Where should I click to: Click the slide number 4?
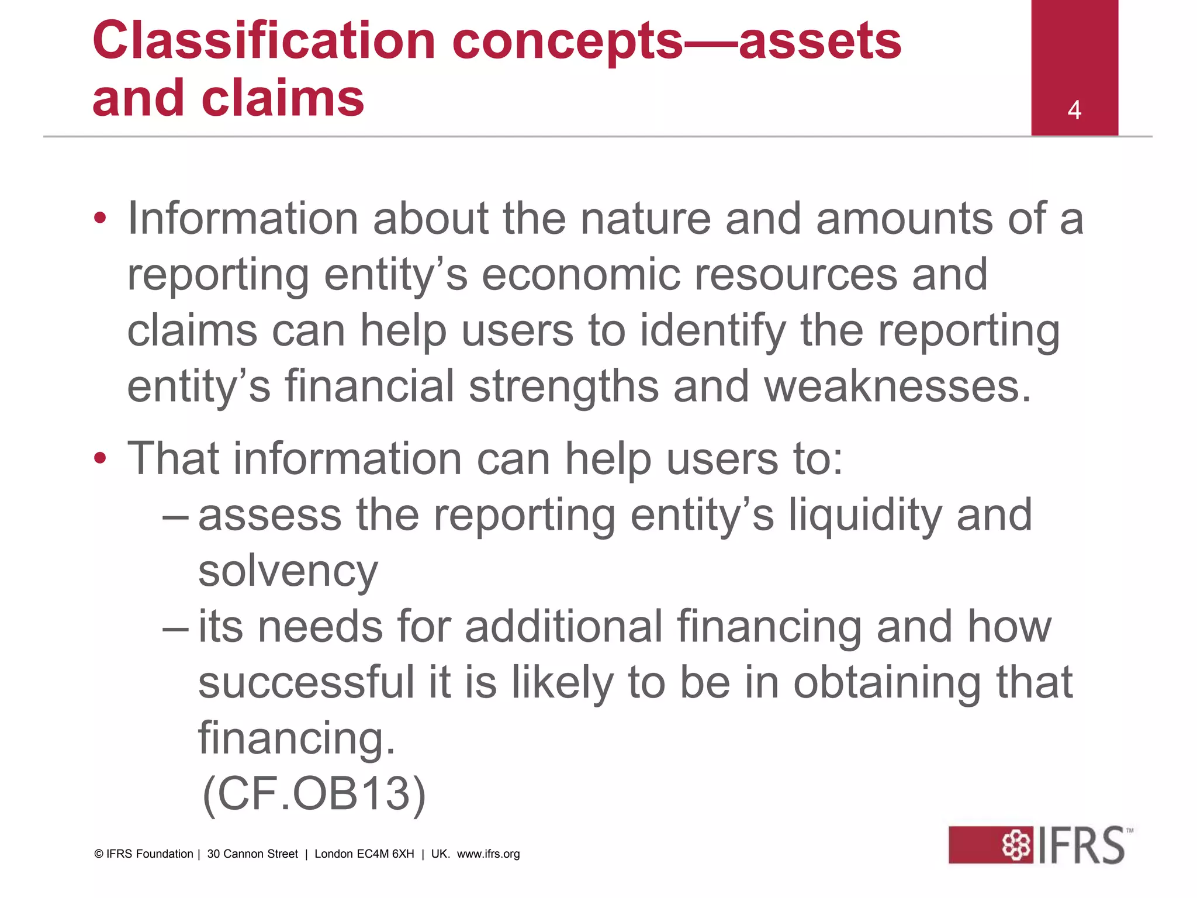(1074, 110)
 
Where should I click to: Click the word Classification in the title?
(264, 41)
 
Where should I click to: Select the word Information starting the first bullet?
(243, 218)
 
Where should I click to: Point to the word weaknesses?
(897, 386)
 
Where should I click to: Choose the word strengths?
(563, 386)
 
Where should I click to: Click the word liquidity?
(864, 514)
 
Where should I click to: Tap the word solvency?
(288, 571)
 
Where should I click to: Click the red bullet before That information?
(100, 458)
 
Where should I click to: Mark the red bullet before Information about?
(100, 219)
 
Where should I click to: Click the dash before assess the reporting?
(175, 516)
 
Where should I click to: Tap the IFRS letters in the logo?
(1081, 845)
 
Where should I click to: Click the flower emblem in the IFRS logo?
(1016, 845)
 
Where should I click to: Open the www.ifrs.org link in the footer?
(488, 854)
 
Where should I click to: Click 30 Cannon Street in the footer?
(252, 854)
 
